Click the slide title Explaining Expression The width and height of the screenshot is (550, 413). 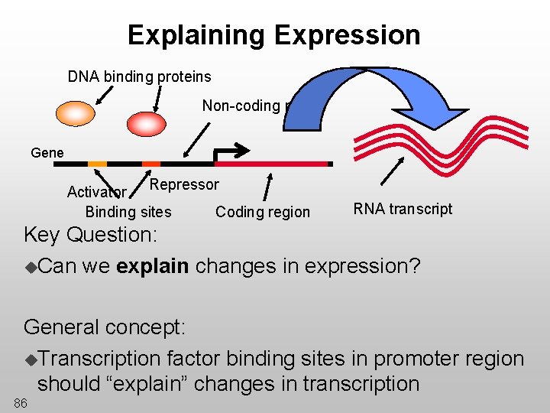click(273, 35)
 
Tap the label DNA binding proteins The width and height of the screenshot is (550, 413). click(139, 76)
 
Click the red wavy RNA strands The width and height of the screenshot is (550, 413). click(451, 145)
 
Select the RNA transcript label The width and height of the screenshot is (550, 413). click(403, 209)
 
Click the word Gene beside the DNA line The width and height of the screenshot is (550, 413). click(47, 153)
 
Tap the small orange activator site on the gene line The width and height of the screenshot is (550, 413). click(97, 164)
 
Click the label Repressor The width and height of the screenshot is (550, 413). click(184, 184)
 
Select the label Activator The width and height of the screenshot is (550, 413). click(96, 192)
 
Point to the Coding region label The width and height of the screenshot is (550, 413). click(263, 212)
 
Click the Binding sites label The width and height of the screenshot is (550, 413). click(128, 212)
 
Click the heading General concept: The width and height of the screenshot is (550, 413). click(105, 327)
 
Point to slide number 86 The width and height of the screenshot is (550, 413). click(20, 403)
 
